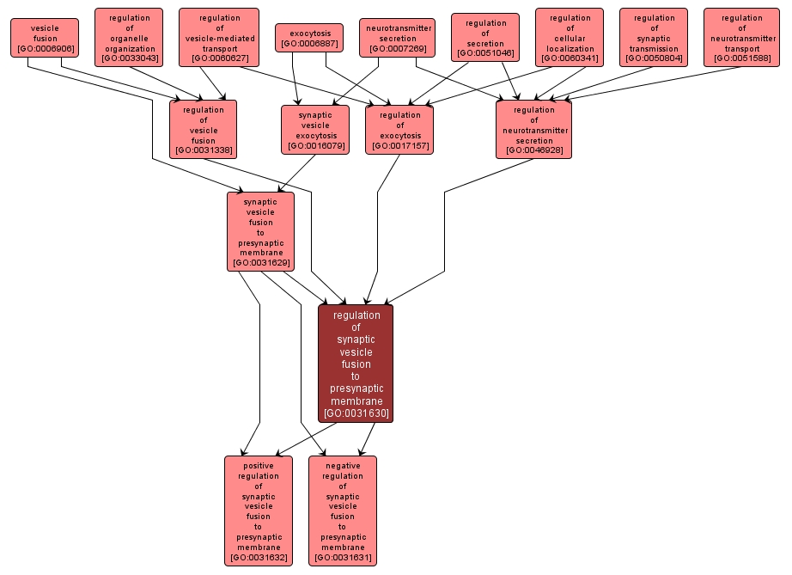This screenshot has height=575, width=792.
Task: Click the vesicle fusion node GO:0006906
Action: tap(45, 38)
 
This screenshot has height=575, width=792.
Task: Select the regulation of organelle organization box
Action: tap(129, 38)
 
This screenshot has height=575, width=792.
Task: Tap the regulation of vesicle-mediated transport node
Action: tap(219, 38)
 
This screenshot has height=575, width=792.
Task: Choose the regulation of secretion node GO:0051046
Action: tap(485, 38)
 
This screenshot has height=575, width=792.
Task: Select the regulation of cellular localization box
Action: tap(570, 38)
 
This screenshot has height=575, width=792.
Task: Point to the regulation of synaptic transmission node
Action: tap(654, 38)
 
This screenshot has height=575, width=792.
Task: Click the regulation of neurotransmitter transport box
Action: tap(741, 38)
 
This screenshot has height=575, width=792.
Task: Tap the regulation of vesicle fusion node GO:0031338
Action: tap(203, 130)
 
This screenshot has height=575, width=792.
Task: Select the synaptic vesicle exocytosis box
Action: tap(315, 130)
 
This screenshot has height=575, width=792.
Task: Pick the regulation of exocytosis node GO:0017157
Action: tap(399, 130)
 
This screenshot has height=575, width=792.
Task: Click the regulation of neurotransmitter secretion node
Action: tap(533, 130)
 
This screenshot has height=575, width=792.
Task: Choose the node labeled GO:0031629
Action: tap(260, 231)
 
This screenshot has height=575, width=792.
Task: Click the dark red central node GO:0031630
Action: tap(356, 364)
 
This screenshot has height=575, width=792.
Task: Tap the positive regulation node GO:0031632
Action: tap(259, 511)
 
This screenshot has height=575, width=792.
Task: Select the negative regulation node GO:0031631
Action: tap(343, 511)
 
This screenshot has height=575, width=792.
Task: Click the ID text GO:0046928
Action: tap(533, 150)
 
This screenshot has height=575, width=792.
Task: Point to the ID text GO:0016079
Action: tap(315, 146)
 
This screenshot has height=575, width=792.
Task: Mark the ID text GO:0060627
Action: tap(219, 58)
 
